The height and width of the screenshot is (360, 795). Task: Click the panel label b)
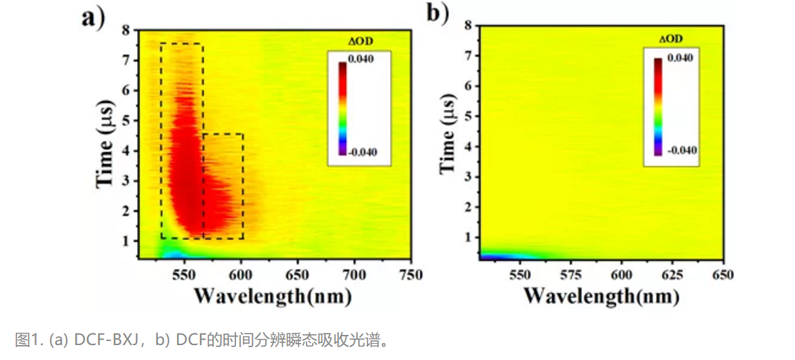438,13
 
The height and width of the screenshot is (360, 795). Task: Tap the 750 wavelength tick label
409,275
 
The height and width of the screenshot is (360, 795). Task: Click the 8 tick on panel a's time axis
125,30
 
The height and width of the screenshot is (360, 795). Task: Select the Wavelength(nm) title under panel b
601,296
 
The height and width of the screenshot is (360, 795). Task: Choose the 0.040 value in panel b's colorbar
680,59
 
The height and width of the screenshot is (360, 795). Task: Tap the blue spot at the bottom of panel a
173,254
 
